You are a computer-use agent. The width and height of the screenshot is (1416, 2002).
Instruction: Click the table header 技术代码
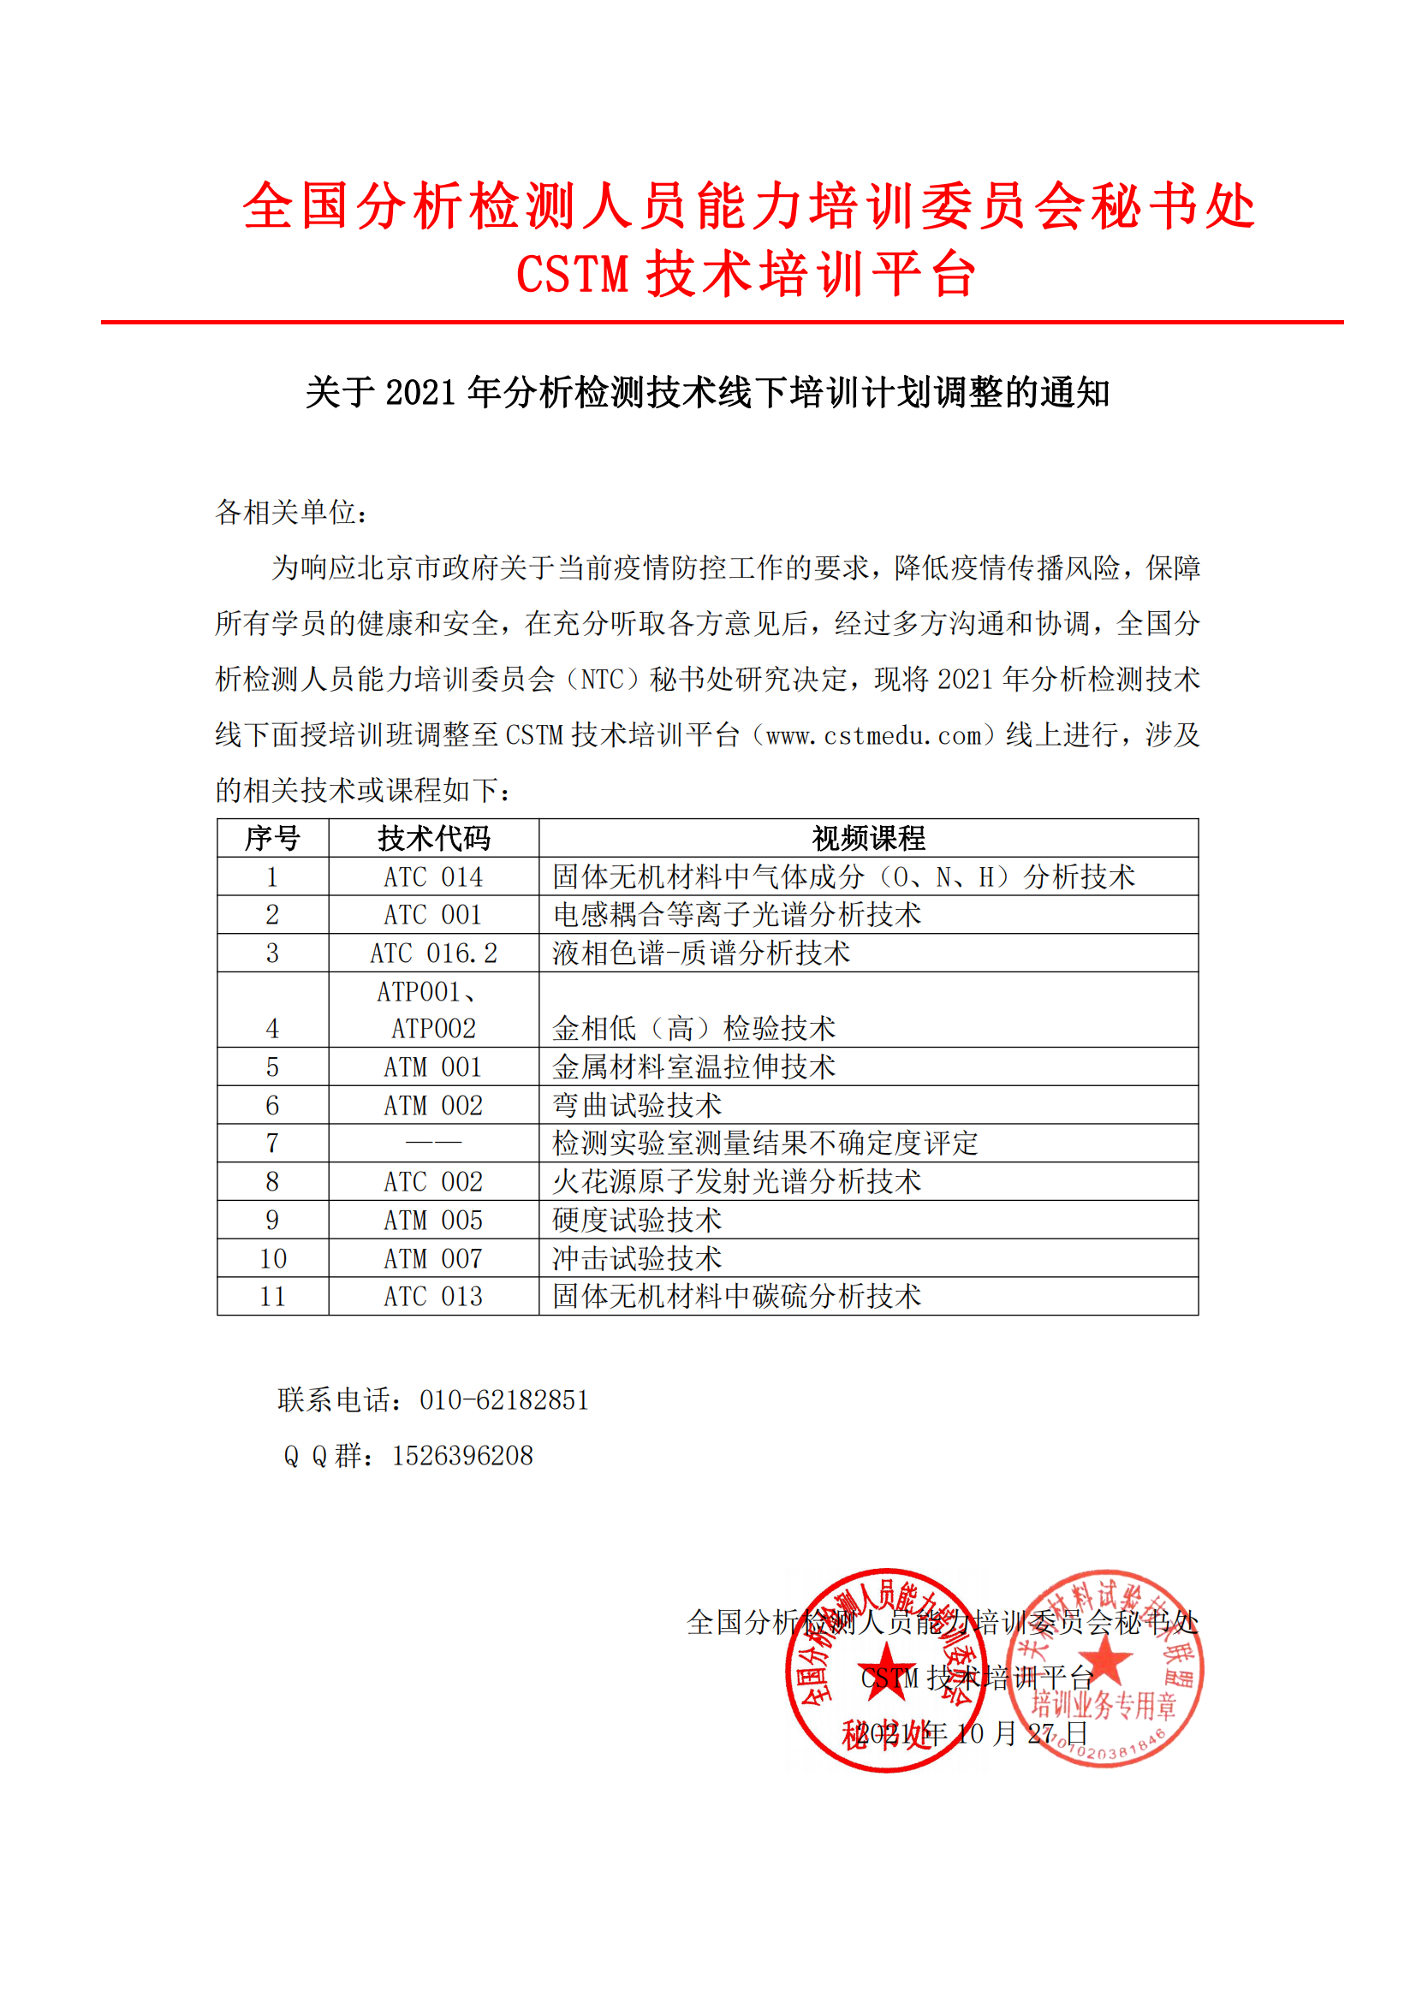433,838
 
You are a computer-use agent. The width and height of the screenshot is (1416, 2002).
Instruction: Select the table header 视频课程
868,838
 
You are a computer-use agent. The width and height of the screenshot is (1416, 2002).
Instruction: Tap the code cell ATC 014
433,876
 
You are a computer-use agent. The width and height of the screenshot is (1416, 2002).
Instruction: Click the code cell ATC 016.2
433,953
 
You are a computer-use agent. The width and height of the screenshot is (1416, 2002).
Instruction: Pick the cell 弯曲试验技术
636,1105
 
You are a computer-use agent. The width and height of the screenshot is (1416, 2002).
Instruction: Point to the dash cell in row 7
433,1143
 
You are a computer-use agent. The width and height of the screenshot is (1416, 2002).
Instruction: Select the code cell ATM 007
433,1258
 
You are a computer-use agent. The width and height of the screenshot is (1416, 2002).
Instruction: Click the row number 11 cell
273,1297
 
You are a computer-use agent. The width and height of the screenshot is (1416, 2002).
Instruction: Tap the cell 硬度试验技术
636,1220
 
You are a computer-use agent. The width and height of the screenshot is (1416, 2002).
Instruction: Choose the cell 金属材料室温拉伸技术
693,1066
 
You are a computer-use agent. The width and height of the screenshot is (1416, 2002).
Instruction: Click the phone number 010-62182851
504,1400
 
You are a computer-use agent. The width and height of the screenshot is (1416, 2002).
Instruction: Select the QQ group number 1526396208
462,1455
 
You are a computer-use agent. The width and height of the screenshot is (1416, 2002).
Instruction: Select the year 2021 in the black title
419,392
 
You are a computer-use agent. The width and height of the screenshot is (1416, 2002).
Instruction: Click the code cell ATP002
433,1029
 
